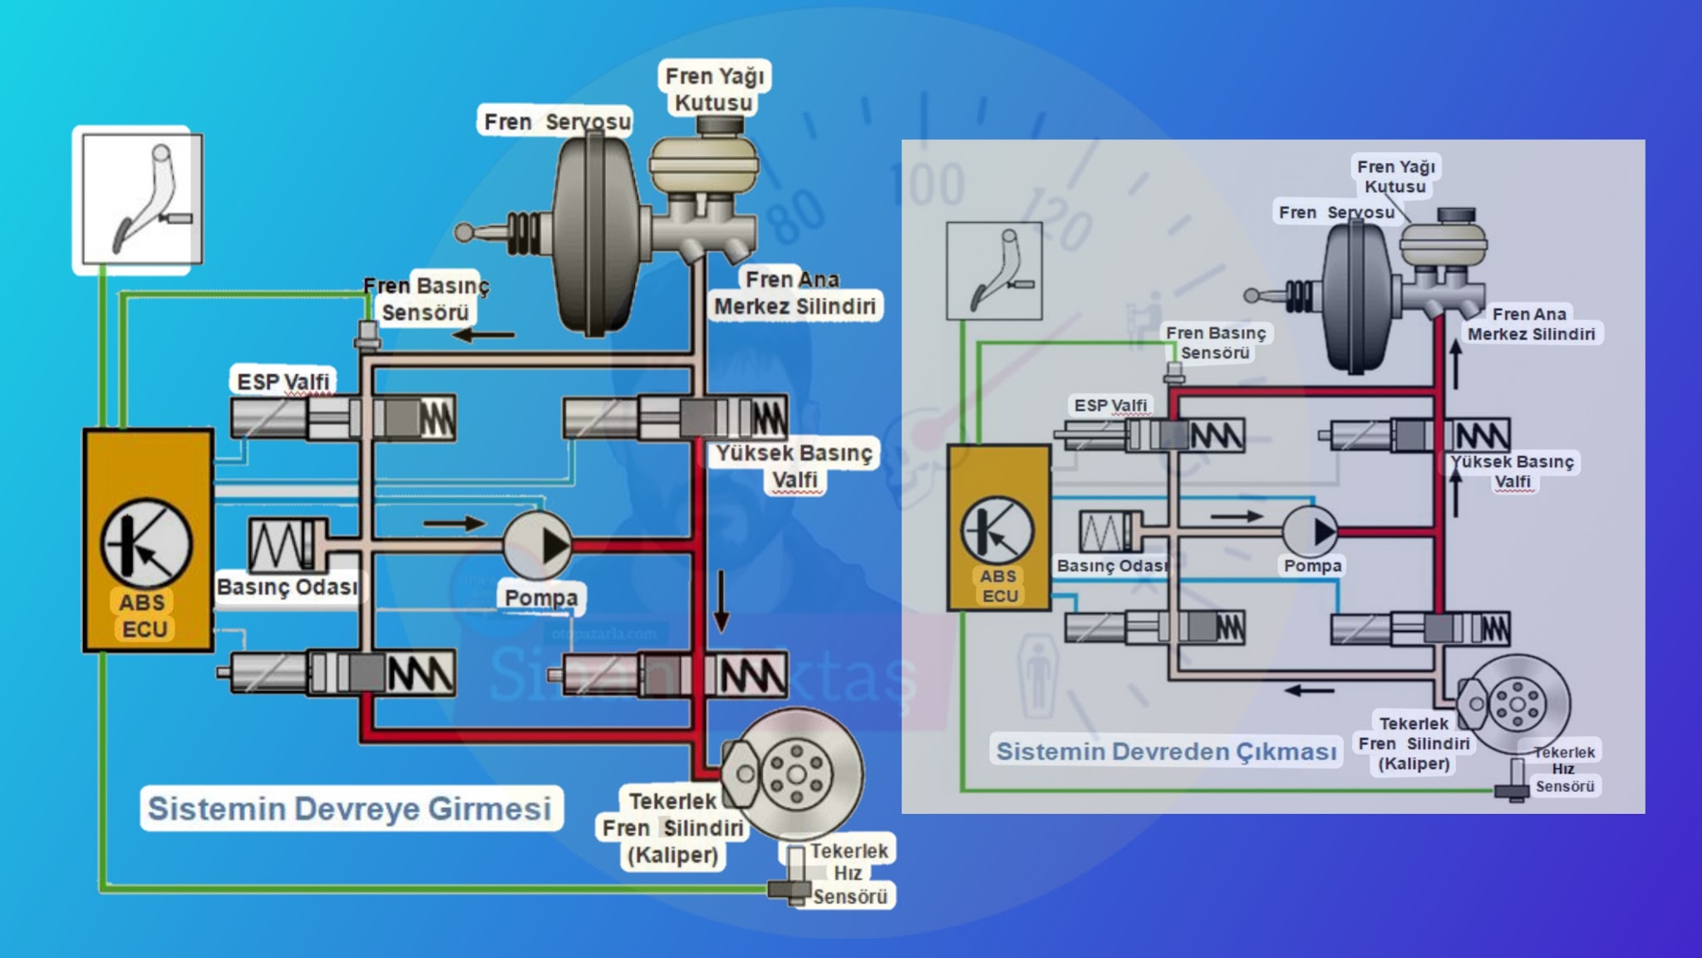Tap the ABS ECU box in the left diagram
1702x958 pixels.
click(x=148, y=541)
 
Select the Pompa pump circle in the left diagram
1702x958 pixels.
click(x=538, y=546)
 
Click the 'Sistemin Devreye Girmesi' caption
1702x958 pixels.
click(x=350, y=808)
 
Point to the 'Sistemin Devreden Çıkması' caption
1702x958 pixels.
click(x=1166, y=752)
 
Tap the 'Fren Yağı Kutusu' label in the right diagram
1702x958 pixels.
click(x=1395, y=176)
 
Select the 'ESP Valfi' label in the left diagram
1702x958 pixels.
click(x=283, y=382)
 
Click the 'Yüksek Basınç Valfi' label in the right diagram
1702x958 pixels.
click(x=1512, y=472)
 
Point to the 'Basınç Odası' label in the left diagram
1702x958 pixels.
click(x=287, y=587)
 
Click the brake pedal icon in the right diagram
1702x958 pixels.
click(x=994, y=270)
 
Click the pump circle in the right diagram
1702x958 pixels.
click(x=1311, y=531)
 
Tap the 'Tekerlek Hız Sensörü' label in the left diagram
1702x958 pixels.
click(x=849, y=874)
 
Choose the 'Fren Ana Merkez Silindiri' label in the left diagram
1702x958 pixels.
click(x=794, y=293)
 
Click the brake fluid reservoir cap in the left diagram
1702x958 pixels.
click(x=719, y=126)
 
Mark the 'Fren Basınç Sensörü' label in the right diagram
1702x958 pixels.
click(x=1215, y=343)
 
